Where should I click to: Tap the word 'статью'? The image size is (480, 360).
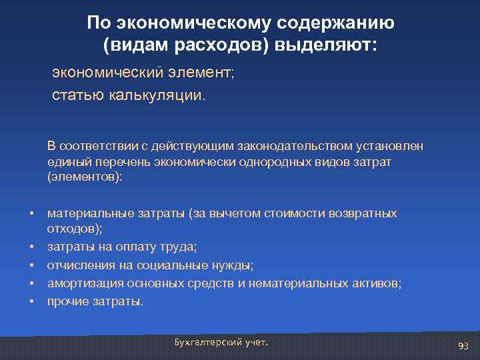[75, 95]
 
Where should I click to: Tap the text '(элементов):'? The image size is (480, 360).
[85, 178]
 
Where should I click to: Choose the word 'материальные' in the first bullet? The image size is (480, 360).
[86, 214]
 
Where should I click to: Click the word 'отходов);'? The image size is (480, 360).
[74, 230]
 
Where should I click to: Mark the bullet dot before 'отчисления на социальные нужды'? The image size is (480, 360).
[31, 266]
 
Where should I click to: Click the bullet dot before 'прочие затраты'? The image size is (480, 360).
[31, 302]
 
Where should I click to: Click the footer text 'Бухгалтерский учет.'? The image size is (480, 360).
[221, 342]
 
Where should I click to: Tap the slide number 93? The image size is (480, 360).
[463, 345]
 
